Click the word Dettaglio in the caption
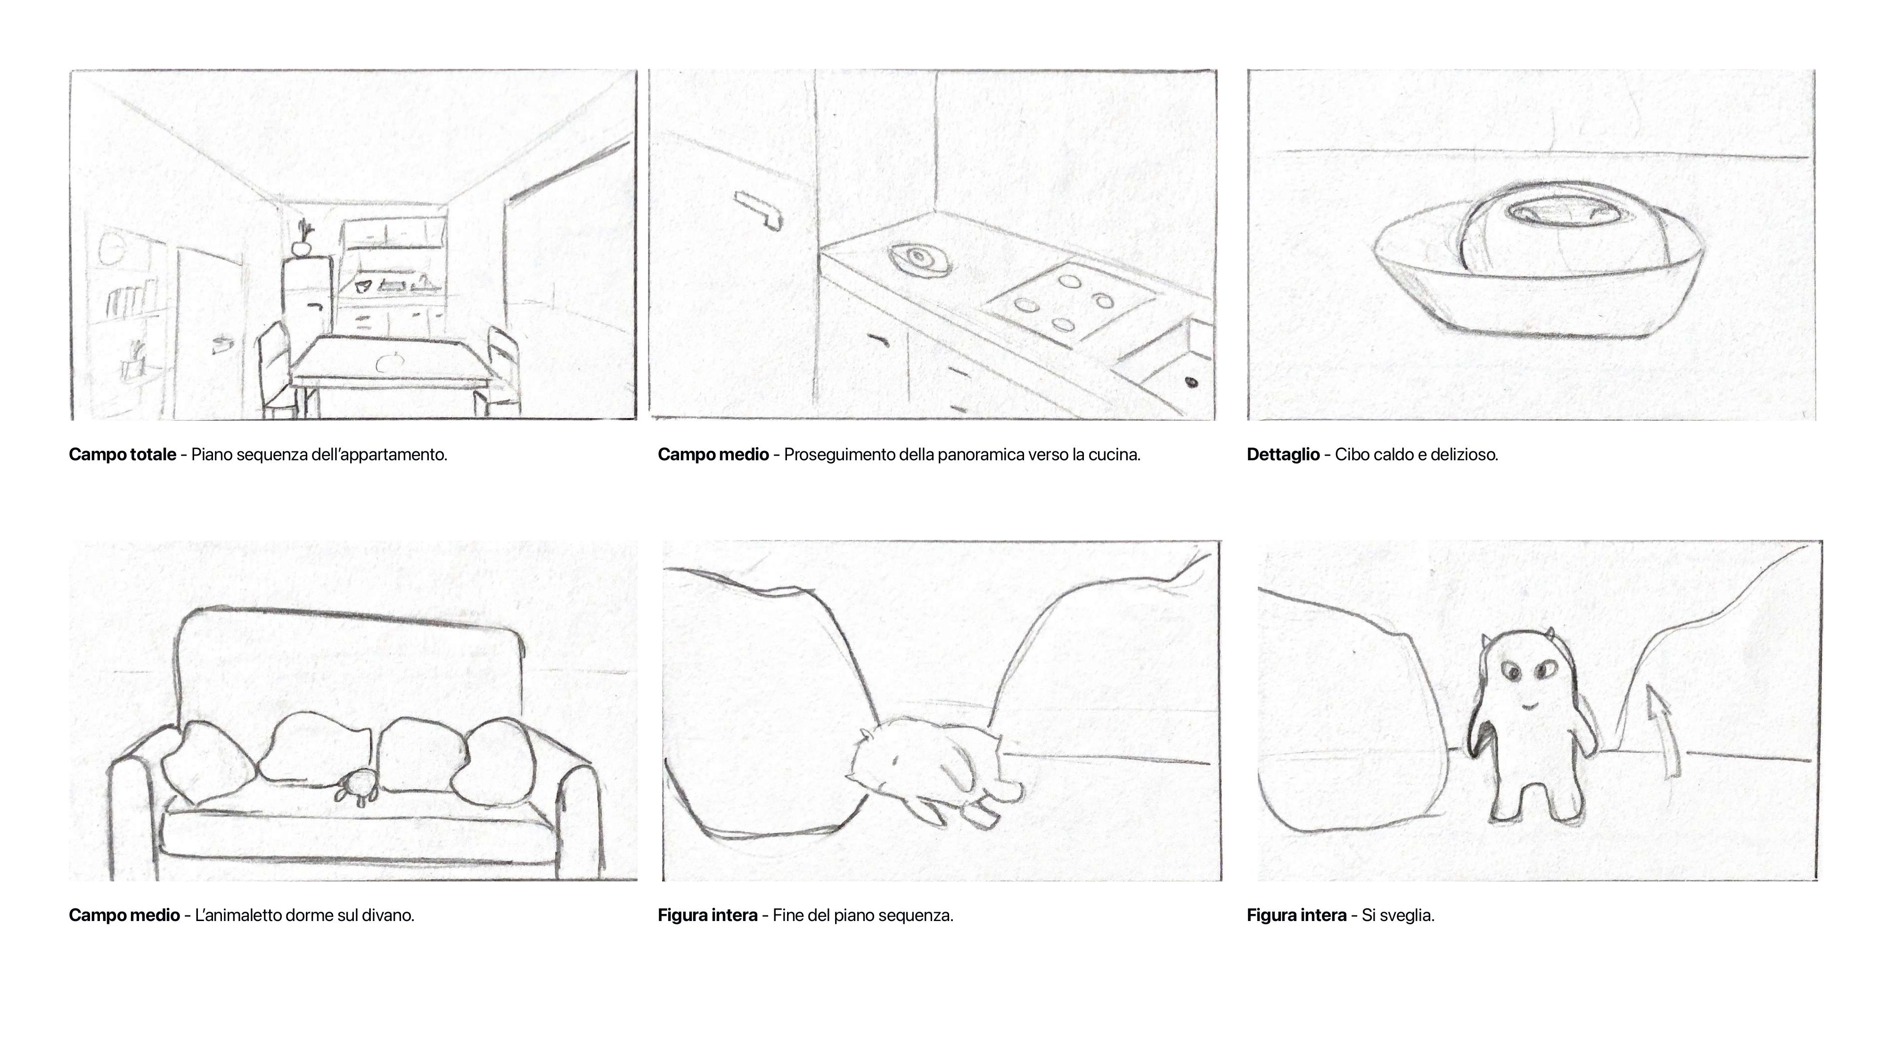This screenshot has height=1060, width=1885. pos(1283,454)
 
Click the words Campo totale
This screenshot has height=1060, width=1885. pos(122,454)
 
